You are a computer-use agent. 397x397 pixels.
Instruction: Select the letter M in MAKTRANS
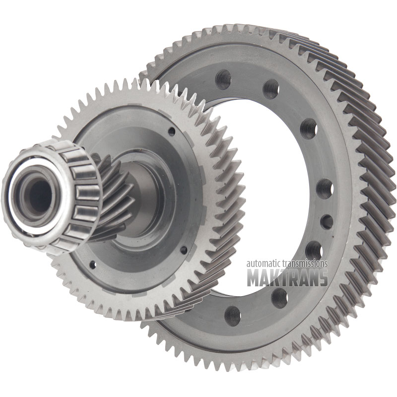(254, 278)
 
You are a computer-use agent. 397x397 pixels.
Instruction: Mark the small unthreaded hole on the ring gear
(327, 222)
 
